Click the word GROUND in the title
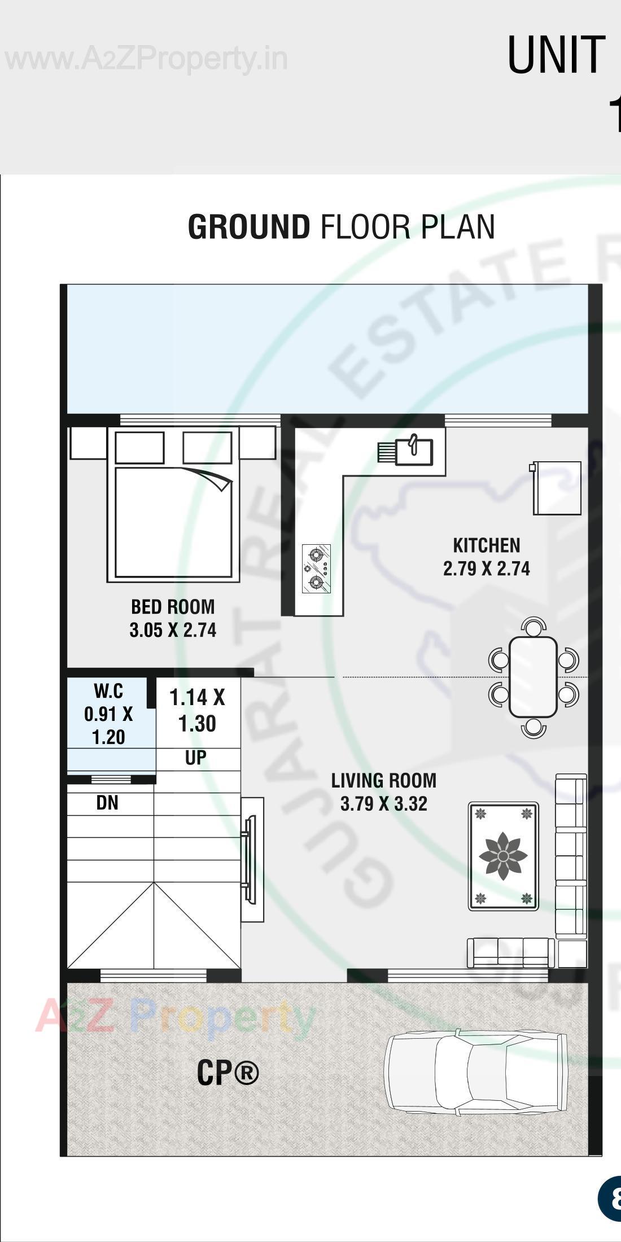(x=248, y=227)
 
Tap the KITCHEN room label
(x=486, y=545)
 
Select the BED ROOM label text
(x=173, y=607)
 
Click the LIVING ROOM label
(x=383, y=781)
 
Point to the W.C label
(x=108, y=691)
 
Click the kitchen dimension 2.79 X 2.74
(x=486, y=568)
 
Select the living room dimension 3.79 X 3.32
(x=383, y=804)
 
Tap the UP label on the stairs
(x=196, y=758)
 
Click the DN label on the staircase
(x=107, y=803)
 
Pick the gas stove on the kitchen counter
(x=316, y=568)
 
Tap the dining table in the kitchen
(x=533, y=676)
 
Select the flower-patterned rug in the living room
(x=503, y=856)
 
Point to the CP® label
(x=228, y=1073)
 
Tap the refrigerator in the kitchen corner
(x=557, y=488)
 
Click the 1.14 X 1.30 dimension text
(x=197, y=710)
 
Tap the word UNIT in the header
(x=556, y=55)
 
